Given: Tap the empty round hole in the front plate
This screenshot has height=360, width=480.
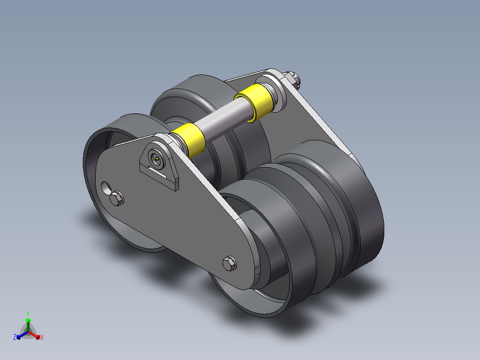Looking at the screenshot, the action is pyautogui.click(x=106, y=188).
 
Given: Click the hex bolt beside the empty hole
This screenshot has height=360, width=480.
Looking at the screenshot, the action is pyautogui.click(x=117, y=198).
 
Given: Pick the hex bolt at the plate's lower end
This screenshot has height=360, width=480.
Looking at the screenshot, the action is pyautogui.click(x=230, y=263).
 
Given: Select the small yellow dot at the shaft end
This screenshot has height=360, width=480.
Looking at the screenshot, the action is pyautogui.click(x=157, y=159).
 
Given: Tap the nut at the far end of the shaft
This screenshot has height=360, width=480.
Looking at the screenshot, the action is pyautogui.click(x=294, y=79).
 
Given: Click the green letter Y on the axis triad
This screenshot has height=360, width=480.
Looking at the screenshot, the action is pyautogui.click(x=28, y=313).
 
